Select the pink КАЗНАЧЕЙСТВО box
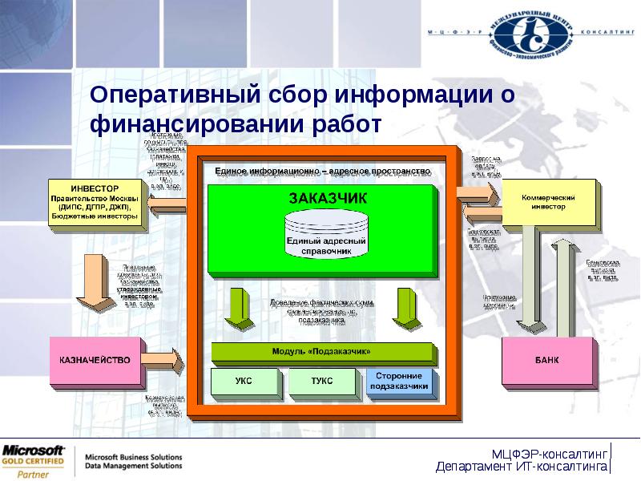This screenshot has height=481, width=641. pyautogui.click(x=95, y=360)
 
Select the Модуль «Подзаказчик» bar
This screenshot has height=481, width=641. pyautogui.click(x=321, y=350)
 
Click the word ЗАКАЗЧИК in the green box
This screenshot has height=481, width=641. pyautogui.click(x=325, y=197)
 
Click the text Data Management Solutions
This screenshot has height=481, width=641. pyautogui.click(x=134, y=466)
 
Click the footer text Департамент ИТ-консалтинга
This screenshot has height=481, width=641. pyautogui.click(x=521, y=467)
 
